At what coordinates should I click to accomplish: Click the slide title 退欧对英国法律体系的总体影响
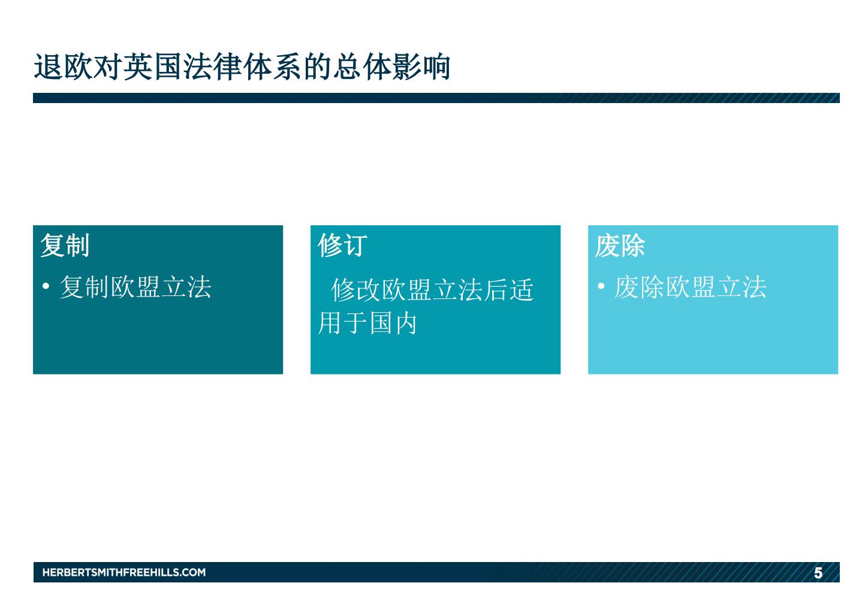pos(242,67)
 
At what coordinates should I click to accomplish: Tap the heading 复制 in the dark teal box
pos(65,245)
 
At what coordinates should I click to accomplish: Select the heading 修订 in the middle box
pos(342,245)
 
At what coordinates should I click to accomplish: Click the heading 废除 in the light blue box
pos(620,245)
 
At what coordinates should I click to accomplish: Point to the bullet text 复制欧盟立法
pos(135,287)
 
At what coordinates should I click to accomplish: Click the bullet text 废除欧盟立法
pos(691,287)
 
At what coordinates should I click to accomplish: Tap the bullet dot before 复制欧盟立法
pos(46,286)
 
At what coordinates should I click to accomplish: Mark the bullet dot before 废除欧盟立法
pos(601,286)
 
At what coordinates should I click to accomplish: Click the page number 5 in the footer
pos(818,573)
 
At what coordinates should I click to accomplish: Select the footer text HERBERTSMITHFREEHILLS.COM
pos(124,572)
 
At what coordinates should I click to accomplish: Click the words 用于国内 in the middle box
pos(367,323)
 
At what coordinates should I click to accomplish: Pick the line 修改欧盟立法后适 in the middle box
pos(432,290)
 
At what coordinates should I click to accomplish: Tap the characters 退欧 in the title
pos(64,67)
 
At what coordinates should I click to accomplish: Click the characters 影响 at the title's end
pos(421,67)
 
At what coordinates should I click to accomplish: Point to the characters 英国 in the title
pos(153,67)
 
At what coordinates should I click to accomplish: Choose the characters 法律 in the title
pos(212,67)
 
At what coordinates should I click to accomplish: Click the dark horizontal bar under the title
pos(436,98)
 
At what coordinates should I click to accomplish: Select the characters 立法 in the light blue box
pos(742,287)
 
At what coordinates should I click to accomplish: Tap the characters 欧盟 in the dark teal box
pos(135,287)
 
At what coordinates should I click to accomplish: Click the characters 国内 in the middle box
pos(393,323)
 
